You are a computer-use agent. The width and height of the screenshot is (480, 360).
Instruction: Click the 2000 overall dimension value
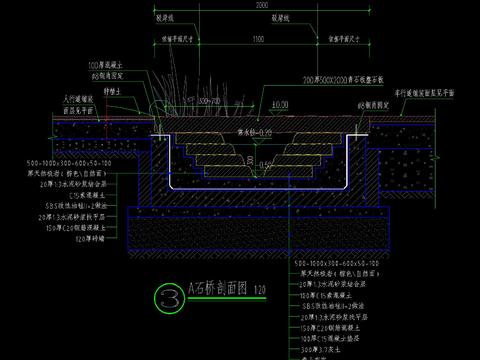point(262,5)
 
